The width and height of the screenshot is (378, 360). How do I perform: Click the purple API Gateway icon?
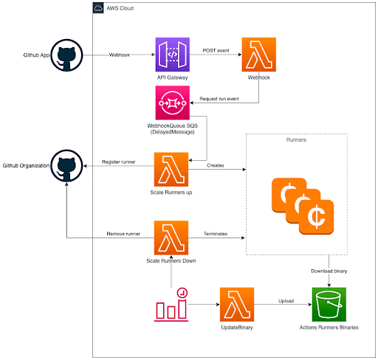point(173,55)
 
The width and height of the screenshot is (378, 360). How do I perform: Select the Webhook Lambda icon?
point(259,55)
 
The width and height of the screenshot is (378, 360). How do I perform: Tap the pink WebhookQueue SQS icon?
point(173,103)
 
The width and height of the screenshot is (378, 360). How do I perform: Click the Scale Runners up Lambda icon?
point(171,170)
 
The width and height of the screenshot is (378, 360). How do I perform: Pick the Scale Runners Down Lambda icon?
point(171,238)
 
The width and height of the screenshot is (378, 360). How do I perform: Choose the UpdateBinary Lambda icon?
point(237,305)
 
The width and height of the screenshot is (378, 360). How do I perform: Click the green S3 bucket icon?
point(329,305)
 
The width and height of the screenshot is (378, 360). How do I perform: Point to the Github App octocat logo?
point(66,55)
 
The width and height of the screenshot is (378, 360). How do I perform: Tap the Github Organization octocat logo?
point(66,165)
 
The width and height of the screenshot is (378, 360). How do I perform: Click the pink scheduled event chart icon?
point(171,305)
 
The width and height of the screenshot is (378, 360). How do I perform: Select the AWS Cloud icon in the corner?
point(98,8)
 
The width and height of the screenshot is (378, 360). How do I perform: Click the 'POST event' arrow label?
point(216,50)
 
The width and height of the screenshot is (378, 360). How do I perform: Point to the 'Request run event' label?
point(219,99)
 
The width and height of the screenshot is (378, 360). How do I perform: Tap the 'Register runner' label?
point(119,162)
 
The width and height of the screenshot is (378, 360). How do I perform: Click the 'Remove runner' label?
point(123,234)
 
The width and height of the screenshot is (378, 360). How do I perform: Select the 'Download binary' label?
point(329,271)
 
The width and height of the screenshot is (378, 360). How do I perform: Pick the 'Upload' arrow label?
point(286,301)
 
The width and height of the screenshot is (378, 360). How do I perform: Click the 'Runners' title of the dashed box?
point(296,139)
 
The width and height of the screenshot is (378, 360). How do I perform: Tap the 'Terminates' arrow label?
point(216,234)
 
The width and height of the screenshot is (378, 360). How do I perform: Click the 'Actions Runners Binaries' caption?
point(329,328)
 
